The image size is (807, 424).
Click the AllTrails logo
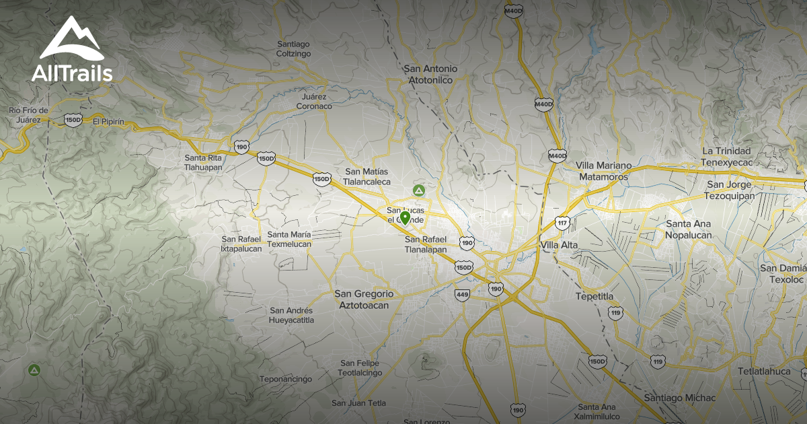(71, 50)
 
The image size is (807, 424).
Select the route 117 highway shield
(562, 222)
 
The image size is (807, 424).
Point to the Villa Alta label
(559, 246)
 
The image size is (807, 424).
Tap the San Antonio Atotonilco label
(430, 74)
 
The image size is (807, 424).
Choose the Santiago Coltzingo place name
(293, 49)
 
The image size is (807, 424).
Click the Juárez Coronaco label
(314, 102)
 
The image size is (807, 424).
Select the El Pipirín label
(109, 122)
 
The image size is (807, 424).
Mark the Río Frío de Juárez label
(28, 115)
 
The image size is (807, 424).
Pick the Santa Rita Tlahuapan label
(203, 162)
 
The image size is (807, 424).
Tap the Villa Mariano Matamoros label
(603, 171)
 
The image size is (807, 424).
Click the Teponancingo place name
(286, 379)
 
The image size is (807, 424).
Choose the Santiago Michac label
(679, 398)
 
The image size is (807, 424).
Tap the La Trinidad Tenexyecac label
(726, 157)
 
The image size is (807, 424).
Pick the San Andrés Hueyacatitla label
(291, 315)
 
